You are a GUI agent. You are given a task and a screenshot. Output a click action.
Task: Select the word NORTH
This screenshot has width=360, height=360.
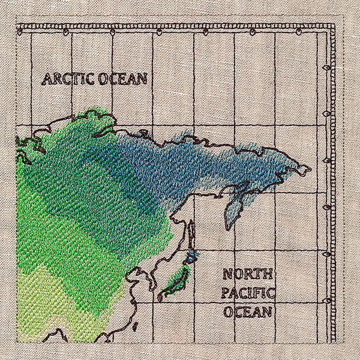click(248, 275)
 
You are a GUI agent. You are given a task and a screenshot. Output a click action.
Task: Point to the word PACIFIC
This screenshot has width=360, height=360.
click(248, 293)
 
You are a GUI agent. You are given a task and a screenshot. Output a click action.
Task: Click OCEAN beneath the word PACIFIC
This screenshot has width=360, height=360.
click(248, 312)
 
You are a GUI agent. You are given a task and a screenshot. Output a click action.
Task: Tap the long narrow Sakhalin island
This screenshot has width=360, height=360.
click(192, 234)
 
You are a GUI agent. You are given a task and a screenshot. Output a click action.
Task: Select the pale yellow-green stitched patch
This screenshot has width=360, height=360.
click(45, 300)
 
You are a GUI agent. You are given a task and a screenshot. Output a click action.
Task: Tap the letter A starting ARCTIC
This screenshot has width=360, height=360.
click(46, 79)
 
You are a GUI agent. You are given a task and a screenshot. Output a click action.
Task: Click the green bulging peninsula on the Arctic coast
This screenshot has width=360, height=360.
click(96, 120)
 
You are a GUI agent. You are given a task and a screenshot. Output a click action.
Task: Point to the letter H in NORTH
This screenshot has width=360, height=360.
click(269, 275)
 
